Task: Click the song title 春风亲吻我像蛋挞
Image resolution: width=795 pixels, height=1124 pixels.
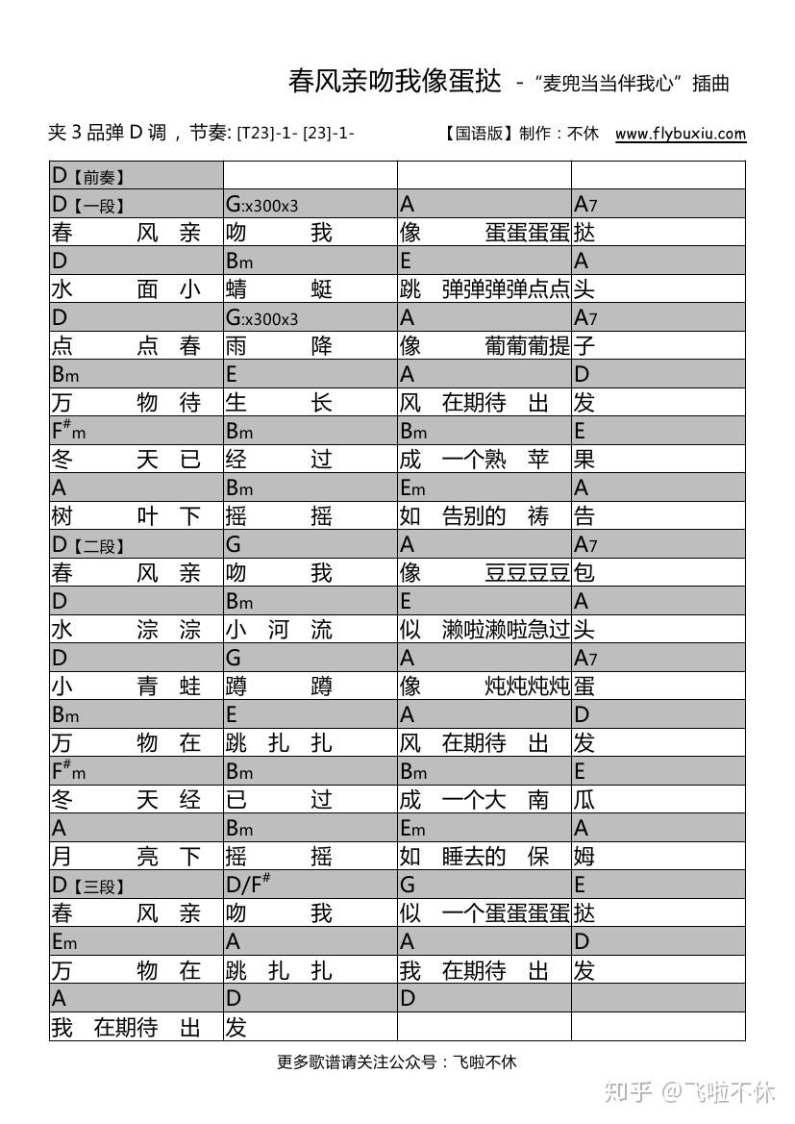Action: coord(395,81)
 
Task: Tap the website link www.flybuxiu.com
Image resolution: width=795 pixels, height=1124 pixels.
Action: coord(680,134)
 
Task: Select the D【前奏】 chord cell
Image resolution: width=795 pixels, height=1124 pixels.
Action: coord(136,175)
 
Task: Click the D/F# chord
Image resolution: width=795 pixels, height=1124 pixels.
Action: coord(249,885)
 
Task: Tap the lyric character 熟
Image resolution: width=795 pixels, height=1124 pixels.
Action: coord(495,460)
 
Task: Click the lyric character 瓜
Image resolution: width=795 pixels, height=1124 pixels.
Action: coord(584,800)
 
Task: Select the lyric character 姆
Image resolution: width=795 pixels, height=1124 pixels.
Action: coord(584,857)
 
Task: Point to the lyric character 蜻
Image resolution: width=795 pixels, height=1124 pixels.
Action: coord(236,289)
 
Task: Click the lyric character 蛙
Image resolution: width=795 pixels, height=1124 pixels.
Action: coord(190,687)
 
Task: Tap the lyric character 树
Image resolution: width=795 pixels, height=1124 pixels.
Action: coord(62,516)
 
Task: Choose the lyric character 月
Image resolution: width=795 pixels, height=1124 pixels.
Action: coord(62,857)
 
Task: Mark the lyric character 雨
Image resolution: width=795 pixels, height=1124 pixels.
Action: coord(236,346)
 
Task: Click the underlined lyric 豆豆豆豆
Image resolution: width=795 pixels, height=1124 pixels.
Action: coord(528,573)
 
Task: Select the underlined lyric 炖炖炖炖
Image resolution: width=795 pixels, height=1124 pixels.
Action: coord(528,687)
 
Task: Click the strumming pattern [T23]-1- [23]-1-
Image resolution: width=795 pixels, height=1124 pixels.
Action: coord(296,134)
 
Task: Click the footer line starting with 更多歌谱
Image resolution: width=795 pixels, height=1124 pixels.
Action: coord(396,1062)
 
